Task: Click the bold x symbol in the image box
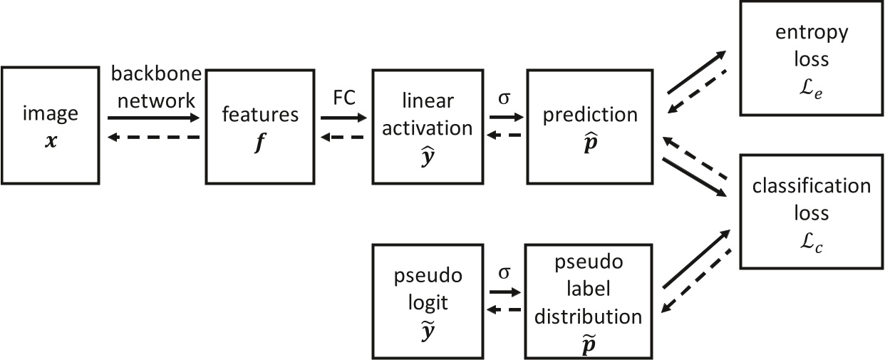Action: (51, 141)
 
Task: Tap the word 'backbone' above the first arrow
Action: (156, 73)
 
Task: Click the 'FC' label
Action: (344, 98)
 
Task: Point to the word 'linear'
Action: (428, 101)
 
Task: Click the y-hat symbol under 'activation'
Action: (428, 156)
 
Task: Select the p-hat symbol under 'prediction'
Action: (590, 143)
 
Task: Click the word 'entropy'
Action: (812, 34)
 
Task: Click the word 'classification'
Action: (812, 186)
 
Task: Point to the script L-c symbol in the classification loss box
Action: (811, 243)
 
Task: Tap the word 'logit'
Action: (428, 304)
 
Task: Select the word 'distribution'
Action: (589, 317)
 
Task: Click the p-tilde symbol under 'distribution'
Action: (589, 344)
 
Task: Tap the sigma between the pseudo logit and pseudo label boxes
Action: (504, 272)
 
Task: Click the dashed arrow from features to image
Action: (154, 137)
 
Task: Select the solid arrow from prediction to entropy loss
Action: (697, 72)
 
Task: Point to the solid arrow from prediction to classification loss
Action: (695, 178)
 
